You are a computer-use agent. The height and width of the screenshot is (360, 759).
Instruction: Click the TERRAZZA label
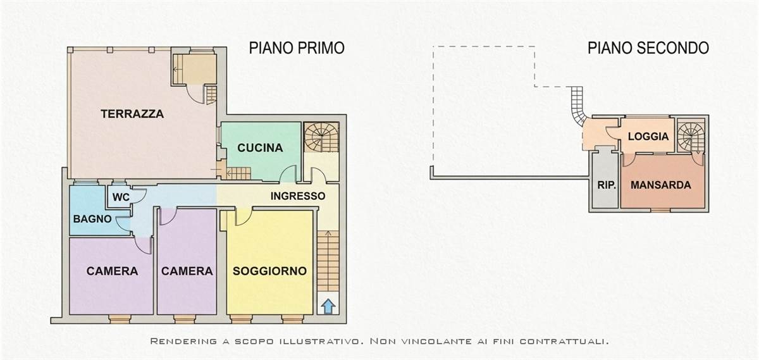point(132,114)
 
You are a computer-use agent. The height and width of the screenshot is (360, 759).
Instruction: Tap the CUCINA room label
point(260,148)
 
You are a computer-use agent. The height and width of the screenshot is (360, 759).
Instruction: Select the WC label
point(121,197)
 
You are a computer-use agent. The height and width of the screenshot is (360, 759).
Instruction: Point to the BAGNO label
point(92,219)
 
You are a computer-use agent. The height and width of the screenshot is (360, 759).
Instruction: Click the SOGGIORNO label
point(269,271)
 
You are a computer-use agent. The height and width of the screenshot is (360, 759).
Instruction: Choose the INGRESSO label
point(298,196)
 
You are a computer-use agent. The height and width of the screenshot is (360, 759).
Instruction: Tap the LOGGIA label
point(648,136)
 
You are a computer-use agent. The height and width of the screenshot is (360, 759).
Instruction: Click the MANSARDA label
point(661,185)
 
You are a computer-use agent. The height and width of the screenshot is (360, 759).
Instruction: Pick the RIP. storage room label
point(607,185)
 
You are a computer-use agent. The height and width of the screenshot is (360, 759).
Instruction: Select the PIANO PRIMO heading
point(297,48)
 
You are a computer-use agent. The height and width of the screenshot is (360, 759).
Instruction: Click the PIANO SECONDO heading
point(648,48)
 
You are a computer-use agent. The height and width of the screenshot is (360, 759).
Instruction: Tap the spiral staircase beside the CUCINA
point(321,137)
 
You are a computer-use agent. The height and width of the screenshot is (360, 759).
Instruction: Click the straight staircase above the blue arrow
point(328,261)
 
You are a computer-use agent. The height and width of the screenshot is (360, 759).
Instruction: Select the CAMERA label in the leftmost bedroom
point(112,271)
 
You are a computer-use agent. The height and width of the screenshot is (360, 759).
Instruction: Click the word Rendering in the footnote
point(183,341)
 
